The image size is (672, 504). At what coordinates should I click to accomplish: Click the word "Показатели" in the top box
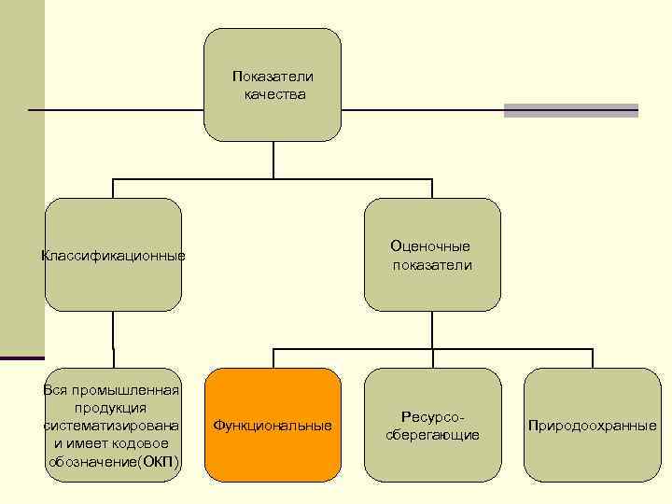click(273, 76)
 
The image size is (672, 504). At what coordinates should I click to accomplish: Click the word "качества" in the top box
click(273, 94)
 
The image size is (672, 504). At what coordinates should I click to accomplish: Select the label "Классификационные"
click(113, 256)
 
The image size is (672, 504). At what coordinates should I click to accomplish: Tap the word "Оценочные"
click(430, 246)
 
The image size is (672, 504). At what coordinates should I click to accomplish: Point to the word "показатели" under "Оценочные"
click(432, 265)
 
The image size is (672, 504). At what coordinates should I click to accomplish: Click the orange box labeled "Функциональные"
click(272, 426)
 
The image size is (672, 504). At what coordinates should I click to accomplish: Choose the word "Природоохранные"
click(592, 426)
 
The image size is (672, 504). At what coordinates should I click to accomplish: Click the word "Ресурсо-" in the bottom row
click(431, 416)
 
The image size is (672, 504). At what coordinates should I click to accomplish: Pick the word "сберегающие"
click(432, 435)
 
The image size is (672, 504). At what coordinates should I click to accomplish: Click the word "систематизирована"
click(111, 426)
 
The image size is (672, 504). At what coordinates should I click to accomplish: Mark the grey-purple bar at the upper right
click(570, 110)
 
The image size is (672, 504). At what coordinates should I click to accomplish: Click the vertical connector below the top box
click(273, 160)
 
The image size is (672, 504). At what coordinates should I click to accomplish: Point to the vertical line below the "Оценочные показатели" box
click(432, 329)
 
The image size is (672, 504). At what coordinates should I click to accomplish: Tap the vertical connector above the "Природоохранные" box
click(592, 358)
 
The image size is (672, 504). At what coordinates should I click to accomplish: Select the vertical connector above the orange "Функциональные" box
click(273, 358)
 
